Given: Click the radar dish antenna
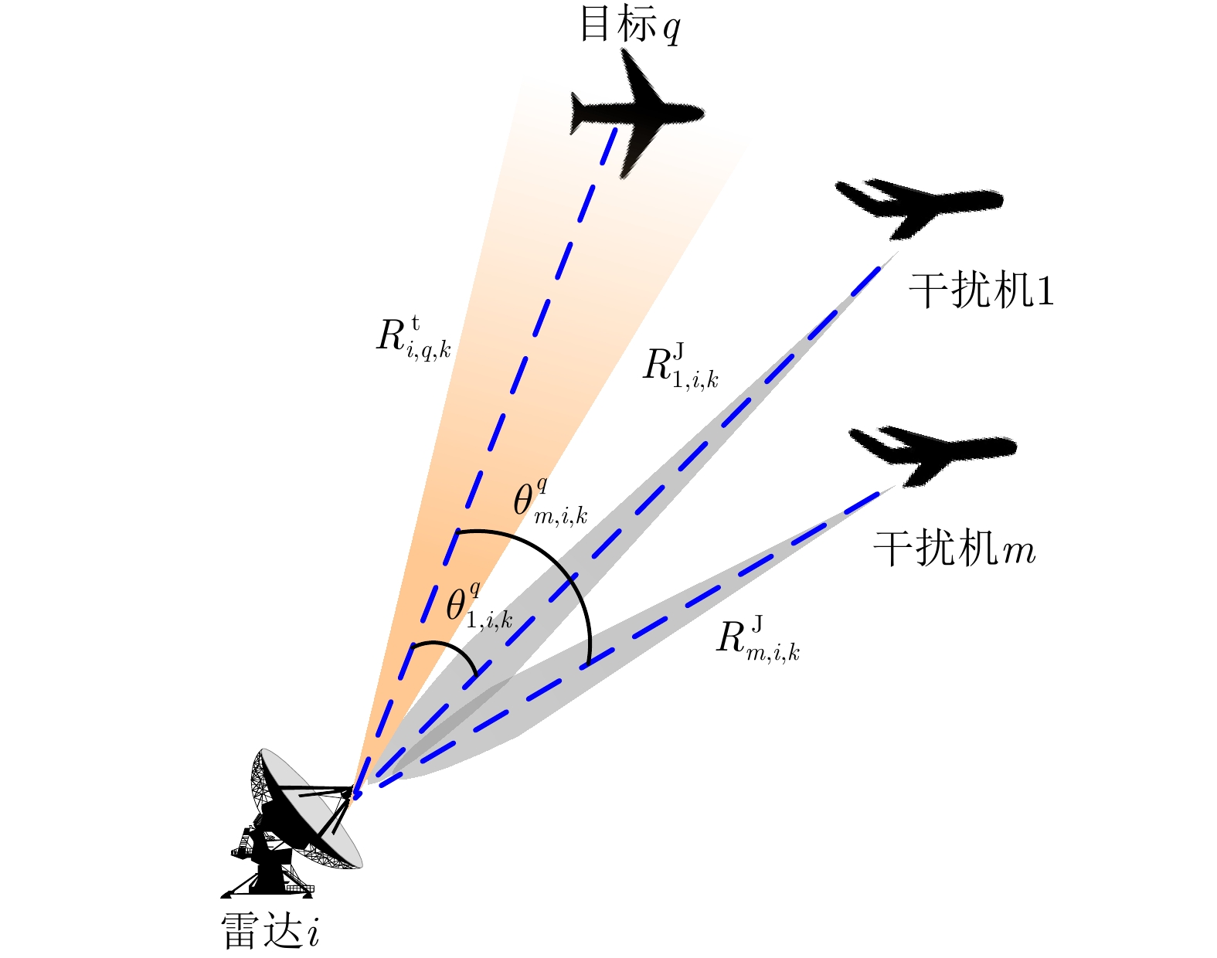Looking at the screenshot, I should click(305, 807).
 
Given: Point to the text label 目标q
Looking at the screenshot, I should click(630, 26).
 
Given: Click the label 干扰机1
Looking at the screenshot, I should click(981, 291).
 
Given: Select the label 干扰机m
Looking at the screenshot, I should click(954, 549).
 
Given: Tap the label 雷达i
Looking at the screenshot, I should click(270, 929).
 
